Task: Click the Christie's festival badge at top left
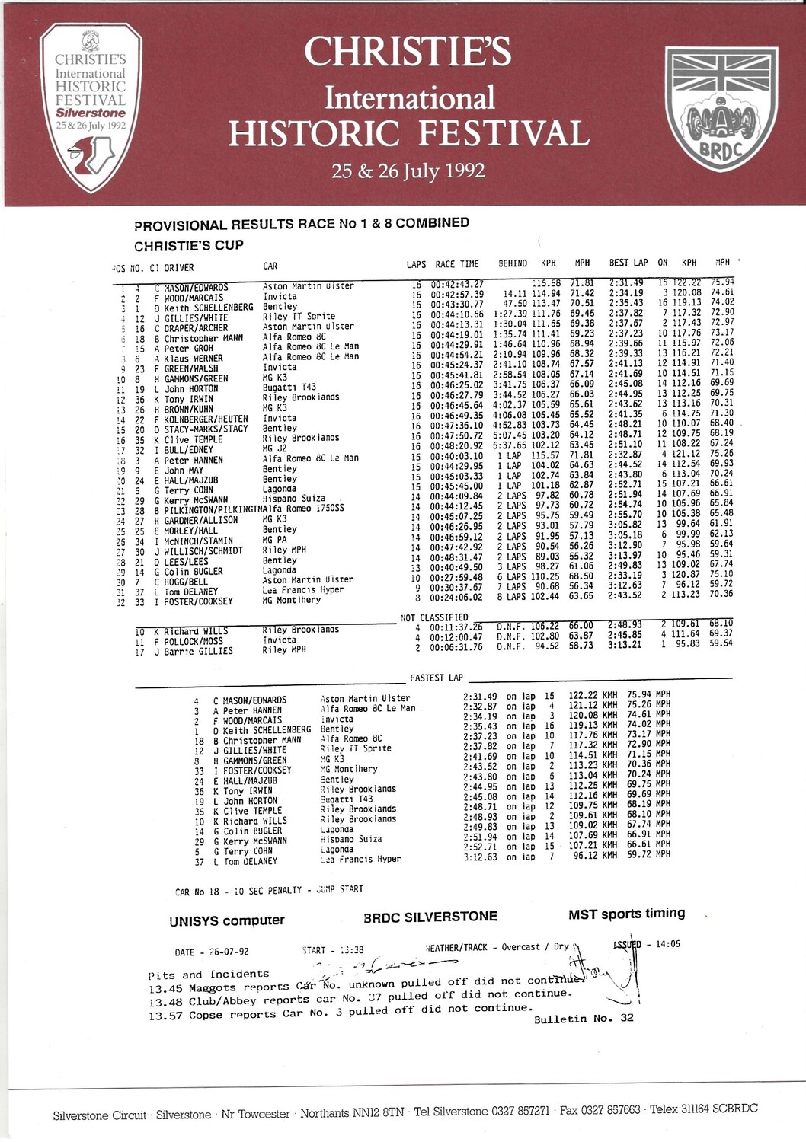[91, 106]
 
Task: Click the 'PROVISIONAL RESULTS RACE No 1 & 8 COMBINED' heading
[302, 224]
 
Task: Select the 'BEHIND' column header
[513, 263]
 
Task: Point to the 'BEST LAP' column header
[628, 263]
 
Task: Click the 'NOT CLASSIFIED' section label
[434, 617]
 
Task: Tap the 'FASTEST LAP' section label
[437, 678]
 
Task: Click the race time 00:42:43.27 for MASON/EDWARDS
[457, 285]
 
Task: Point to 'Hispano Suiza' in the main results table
[293, 499]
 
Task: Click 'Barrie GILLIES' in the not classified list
[198, 652]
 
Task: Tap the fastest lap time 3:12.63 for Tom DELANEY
[480, 857]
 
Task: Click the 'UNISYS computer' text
[227, 920]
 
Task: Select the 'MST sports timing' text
[626, 914]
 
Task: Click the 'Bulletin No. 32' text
[584, 1019]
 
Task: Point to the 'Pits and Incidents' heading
[209, 974]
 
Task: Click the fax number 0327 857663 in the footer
[611, 1111]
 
